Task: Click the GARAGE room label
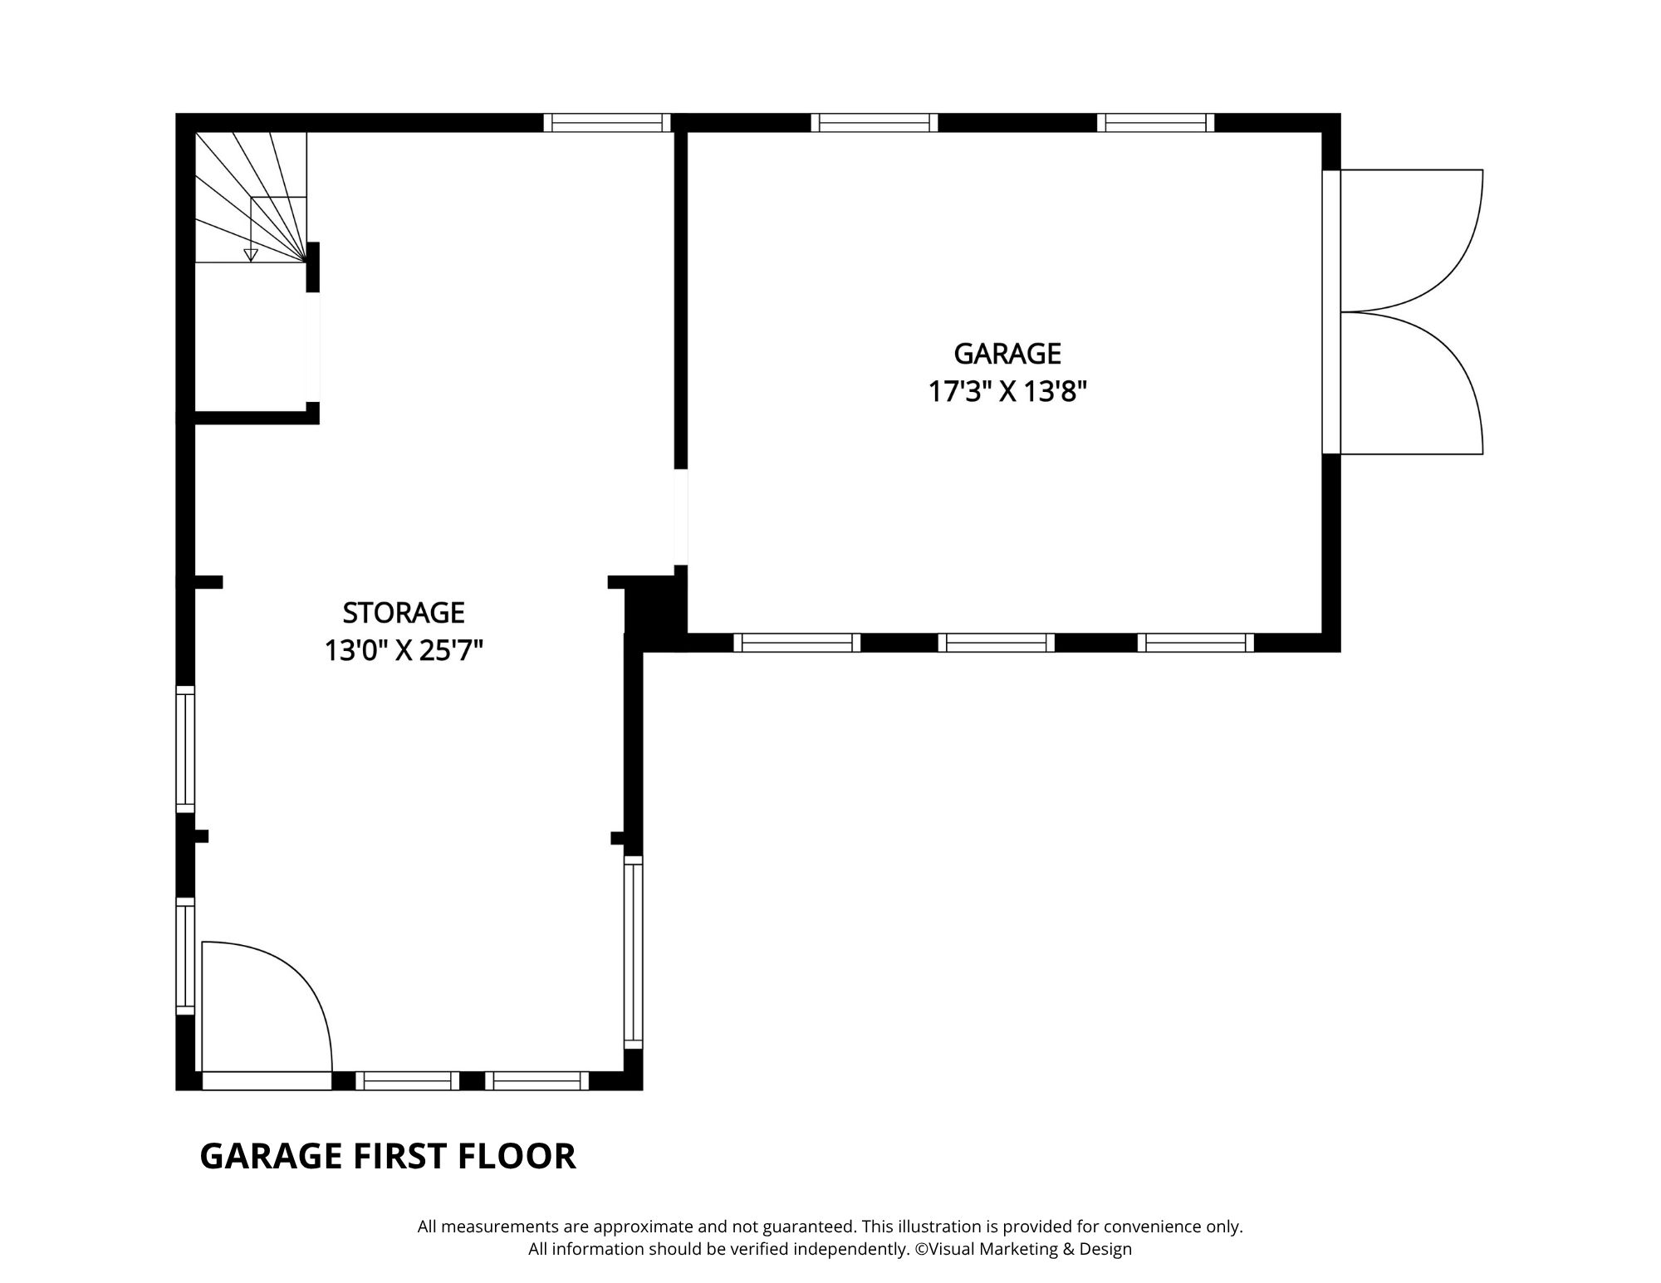[x=1007, y=354]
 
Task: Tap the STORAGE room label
[x=404, y=613]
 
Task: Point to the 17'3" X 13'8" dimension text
[x=1007, y=391]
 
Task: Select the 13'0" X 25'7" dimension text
[x=404, y=650]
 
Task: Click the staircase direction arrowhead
[x=251, y=255]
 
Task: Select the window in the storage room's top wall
[x=607, y=123]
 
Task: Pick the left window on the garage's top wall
[x=875, y=123]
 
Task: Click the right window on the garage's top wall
[x=1156, y=123]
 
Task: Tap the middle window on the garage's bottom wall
[x=997, y=643]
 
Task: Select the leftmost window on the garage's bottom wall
[x=797, y=643]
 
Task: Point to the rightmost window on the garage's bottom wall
[x=1196, y=643]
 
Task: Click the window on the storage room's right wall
[x=634, y=952]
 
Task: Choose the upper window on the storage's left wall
[x=185, y=749]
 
